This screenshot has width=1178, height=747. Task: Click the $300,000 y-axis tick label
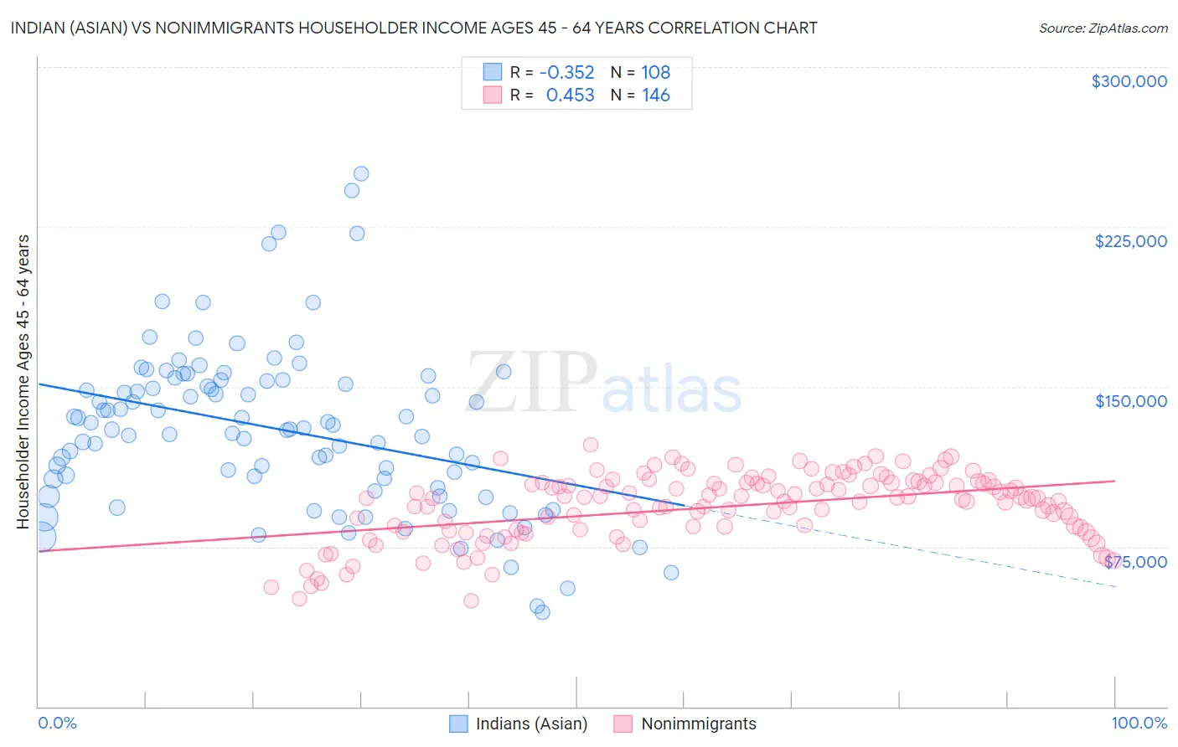click(x=1129, y=81)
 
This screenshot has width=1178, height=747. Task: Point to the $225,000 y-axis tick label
click(x=1130, y=241)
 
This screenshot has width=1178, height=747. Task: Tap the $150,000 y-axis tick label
click(x=1130, y=401)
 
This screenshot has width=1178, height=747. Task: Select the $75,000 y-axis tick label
click(x=1135, y=561)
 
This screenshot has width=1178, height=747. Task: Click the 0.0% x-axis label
click(x=58, y=723)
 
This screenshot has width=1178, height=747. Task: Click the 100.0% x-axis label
click(x=1139, y=723)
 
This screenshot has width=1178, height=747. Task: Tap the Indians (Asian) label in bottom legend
click(x=531, y=724)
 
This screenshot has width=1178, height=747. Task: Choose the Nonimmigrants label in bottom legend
click(x=698, y=724)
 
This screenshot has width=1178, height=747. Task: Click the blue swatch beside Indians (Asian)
click(x=458, y=724)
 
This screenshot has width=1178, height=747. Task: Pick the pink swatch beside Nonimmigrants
click(x=623, y=724)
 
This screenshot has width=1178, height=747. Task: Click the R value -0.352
click(x=566, y=72)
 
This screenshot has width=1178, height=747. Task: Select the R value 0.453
click(x=570, y=95)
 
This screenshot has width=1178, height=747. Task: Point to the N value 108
click(x=655, y=72)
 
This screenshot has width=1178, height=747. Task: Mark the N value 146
click(x=655, y=95)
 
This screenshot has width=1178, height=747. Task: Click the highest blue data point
click(x=361, y=174)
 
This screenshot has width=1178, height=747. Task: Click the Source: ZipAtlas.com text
click(x=1103, y=28)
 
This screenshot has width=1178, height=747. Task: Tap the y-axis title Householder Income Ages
click(x=23, y=381)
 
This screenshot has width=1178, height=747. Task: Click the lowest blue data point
click(x=542, y=612)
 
